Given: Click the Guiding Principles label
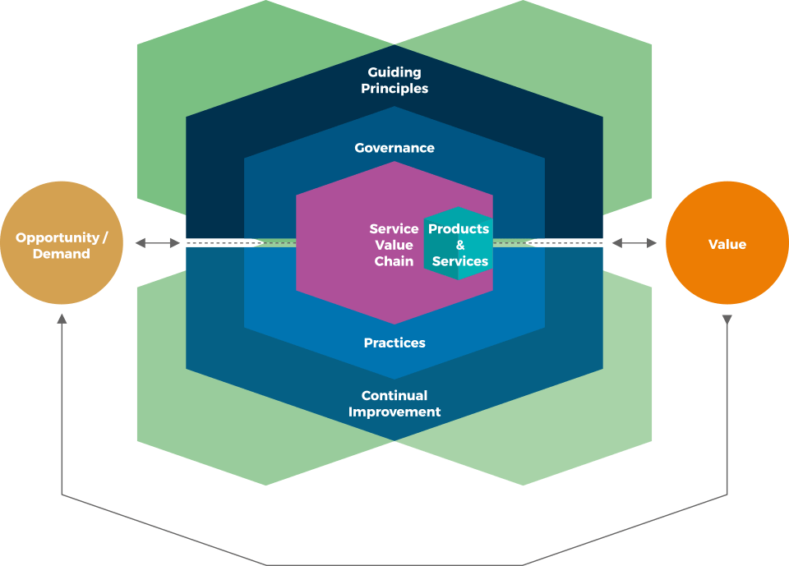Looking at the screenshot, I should click(394, 81).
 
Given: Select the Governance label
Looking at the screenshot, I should click(394, 148).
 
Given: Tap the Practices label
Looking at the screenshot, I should click(394, 343).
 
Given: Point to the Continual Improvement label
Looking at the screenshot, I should click(394, 403).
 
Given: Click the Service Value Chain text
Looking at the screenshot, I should click(394, 245).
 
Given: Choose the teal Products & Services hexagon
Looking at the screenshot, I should click(459, 244).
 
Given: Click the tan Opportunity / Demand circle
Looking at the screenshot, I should click(62, 244).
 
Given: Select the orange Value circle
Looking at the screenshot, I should click(727, 244).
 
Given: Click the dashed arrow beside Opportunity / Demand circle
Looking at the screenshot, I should click(158, 243).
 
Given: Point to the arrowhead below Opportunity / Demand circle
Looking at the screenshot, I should click(62, 319).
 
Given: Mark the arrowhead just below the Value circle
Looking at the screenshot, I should click(727, 319).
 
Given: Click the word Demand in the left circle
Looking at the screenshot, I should click(62, 254).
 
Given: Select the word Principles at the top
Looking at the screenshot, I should click(394, 89).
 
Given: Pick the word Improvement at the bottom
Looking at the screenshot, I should click(394, 412).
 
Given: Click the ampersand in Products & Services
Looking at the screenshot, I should click(460, 245).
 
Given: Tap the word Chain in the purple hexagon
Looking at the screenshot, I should click(394, 261).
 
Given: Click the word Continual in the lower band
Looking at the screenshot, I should click(394, 395).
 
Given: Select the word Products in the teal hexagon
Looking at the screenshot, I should click(459, 228).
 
